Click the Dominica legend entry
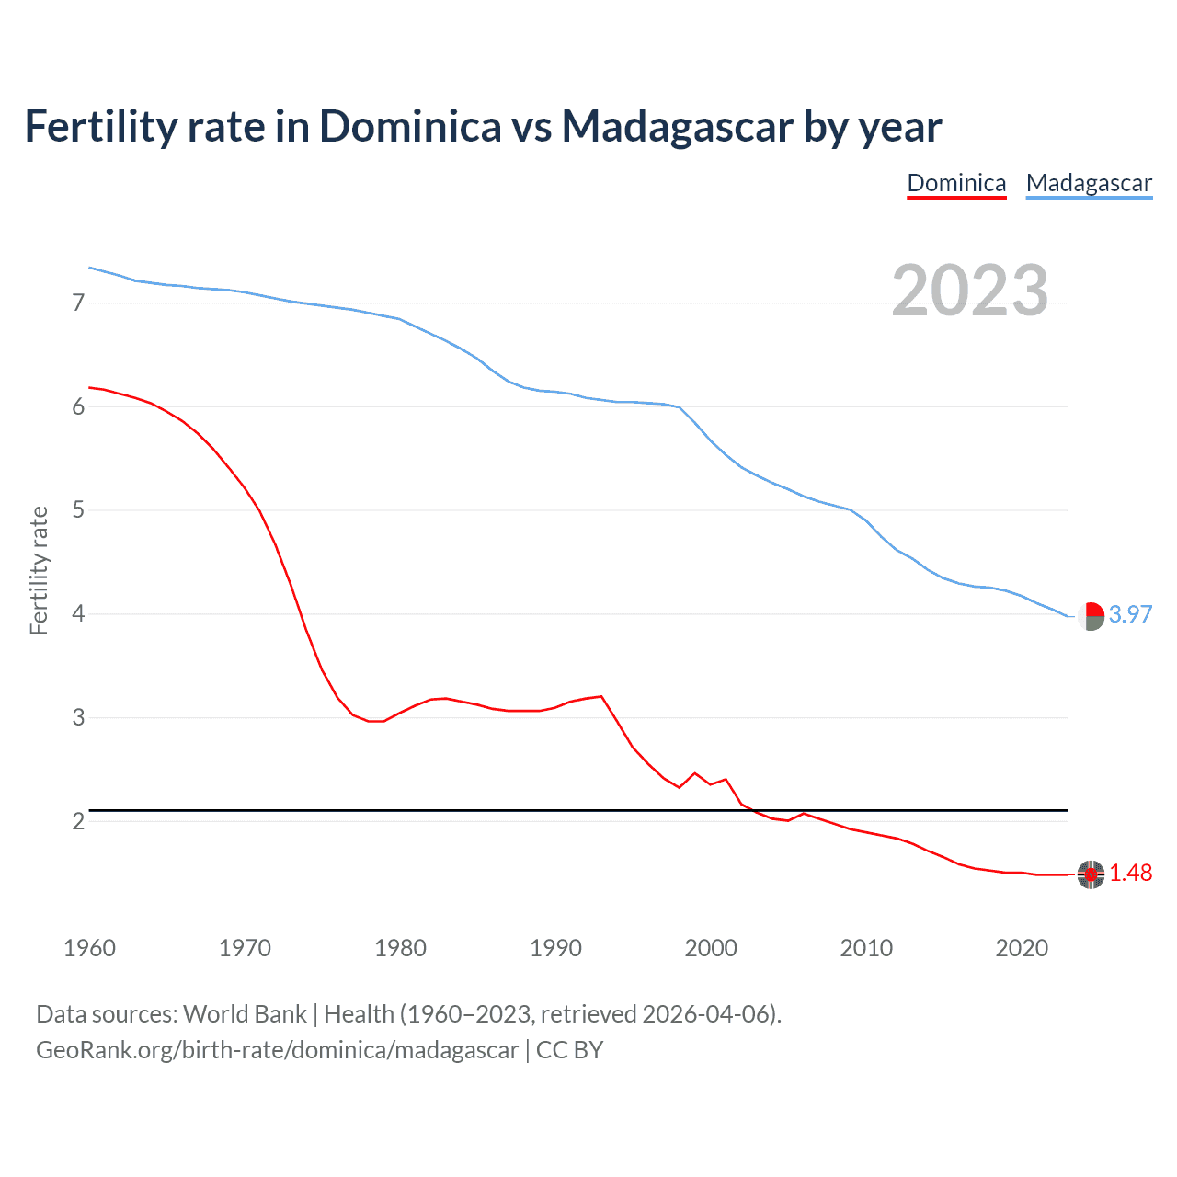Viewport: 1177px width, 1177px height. point(956,183)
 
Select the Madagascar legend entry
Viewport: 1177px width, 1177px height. point(1089,183)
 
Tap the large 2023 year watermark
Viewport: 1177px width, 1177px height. point(970,291)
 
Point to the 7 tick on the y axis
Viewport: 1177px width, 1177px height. point(78,303)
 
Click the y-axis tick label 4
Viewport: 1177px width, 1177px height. point(78,613)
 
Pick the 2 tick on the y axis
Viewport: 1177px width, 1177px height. point(78,821)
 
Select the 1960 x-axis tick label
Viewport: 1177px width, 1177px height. point(89,948)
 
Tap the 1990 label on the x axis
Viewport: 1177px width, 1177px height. point(555,948)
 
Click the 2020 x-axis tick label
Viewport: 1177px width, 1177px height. point(1022,948)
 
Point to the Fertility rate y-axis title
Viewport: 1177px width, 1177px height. point(39,570)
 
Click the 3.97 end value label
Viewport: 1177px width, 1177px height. point(1130,614)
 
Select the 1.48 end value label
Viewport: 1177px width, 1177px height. point(1130,874)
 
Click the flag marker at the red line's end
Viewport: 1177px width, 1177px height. point(1091,874)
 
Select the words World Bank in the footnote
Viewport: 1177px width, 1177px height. point(245,1014)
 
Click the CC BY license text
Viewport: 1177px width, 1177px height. point(569,1050)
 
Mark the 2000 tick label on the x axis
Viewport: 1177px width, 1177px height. point(711,948)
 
